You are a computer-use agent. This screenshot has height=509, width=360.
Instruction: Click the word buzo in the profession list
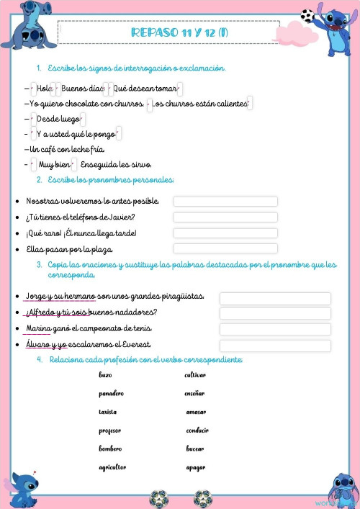pos(105,375)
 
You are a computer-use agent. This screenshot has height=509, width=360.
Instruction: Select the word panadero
pos(112,394)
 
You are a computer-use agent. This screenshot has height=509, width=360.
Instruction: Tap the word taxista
pos(108,412)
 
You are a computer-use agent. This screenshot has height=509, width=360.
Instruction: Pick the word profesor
pos(110,431)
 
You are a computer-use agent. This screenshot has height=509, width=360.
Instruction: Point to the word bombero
pos(110,449)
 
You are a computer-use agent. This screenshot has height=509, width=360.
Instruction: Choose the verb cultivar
pos(195,375)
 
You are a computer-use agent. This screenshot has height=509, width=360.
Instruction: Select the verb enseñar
pos(194,394)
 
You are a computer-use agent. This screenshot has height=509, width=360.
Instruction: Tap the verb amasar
pos(196,412)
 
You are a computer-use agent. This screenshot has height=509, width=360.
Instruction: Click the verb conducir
pos(197,431)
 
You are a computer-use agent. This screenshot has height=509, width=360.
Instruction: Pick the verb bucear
pos(195,449)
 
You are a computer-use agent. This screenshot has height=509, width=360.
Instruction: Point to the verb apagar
pos(195,467)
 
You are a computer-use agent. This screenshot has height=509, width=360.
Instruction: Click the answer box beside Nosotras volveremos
pos(225,202)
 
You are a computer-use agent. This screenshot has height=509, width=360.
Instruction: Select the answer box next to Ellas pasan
pos(225,249)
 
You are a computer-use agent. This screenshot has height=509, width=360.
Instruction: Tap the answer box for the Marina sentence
pos(275,330)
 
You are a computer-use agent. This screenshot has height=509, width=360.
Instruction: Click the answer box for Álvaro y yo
pos(275,346)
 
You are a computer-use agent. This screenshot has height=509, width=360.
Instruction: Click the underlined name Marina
pos(37,329)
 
